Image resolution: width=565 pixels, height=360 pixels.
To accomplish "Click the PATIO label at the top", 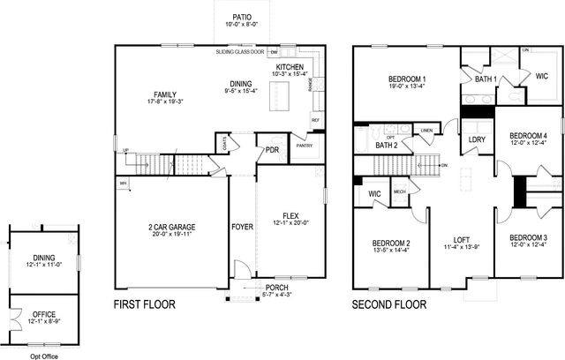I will tap(241, 17).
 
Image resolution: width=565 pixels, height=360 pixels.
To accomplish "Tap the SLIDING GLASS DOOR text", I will tap(240, 52).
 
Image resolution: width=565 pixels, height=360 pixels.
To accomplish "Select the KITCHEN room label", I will tap(290, 67).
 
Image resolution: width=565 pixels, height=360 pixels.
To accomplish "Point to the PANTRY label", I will tap(304, 146).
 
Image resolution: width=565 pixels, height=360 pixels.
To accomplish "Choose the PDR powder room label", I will tap(272, 150).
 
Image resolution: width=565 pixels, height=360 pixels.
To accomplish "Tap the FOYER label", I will tap(242, 227).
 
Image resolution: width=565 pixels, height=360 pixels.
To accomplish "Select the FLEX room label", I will tap(290, 215).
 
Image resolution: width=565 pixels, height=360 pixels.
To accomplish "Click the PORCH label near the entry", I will tap(276, 288).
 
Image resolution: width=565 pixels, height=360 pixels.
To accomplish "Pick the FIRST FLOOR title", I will tap(145, 305).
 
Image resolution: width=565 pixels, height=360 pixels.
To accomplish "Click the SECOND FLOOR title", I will tap(389, 305).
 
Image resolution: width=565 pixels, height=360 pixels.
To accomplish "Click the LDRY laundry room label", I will tap(477, 139).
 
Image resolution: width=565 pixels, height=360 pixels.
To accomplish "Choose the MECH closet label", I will tap(399, 191).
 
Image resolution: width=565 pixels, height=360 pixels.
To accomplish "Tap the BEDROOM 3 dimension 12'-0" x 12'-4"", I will tap(528, 245).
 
